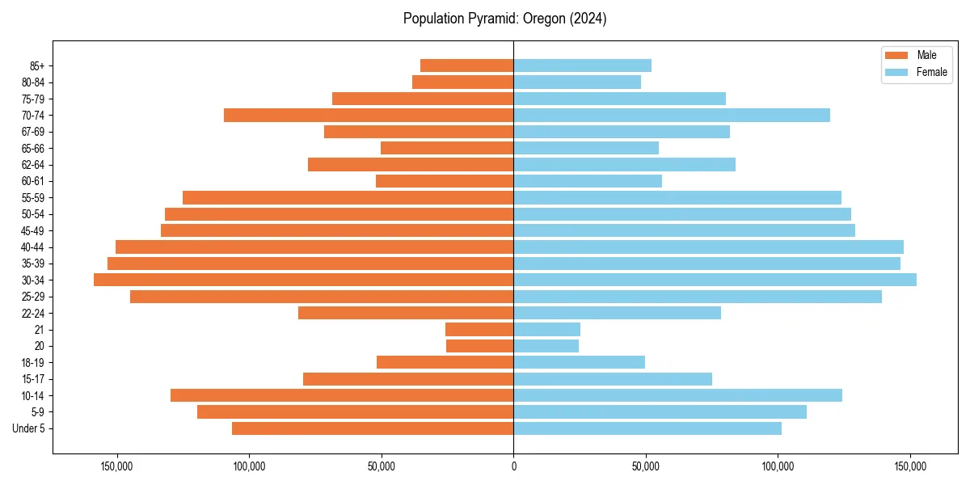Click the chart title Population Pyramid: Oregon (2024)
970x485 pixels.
pyautogui.click(x=504, y=19)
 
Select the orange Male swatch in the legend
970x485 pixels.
pyautogui.click(x=896, y=55)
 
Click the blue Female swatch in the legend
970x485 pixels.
pyautogui.click(x=896, y=72)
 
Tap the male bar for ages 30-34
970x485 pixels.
pyautogui.click(x=303, y=280)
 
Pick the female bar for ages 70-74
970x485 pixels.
pyautogui.click(x=671, y=115)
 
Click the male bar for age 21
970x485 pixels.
pyautogui.click(x=479, y=329)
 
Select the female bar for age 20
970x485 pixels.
pyautogui.click(x=546, y=346)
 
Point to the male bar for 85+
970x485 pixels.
pyautogui.click(x=466, y=65)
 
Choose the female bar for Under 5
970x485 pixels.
pyautogui.click(x=647, y=428)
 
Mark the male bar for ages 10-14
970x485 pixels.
pyautogui.click(x=342, y=395)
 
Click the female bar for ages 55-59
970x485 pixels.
pyautogui.click(x=677, y=197)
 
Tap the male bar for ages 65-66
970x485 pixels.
pyautogui.click(x=447, y=148)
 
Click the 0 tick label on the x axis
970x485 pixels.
pyautogui.click(x=513, y=466)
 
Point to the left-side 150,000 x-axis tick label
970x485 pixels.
pyautogui.click(x=117, y=466)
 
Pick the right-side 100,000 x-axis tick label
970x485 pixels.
pyautogui.click(x=778, y=466)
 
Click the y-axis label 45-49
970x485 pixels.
pyautogui.click(x=33, y=230)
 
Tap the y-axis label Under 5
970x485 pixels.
pyautogui.click(x=29, y=428)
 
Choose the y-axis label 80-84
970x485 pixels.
pyautogui.click(x=33, y=82)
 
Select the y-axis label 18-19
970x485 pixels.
pyautogui.click(x=33, y=362)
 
